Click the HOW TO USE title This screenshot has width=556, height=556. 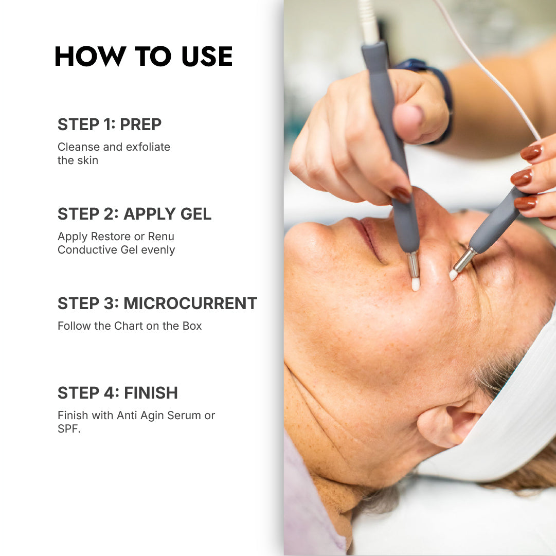144,56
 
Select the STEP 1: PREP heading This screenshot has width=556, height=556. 109,124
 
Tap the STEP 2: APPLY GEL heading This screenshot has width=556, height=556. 134,214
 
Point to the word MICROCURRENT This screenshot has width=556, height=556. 190,303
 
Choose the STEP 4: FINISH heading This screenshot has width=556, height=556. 118,393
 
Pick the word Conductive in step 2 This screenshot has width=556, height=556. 87,249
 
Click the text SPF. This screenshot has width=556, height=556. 69,429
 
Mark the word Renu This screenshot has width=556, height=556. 161,236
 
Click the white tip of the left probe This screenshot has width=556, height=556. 416,284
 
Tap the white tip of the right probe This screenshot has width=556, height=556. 453,275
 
